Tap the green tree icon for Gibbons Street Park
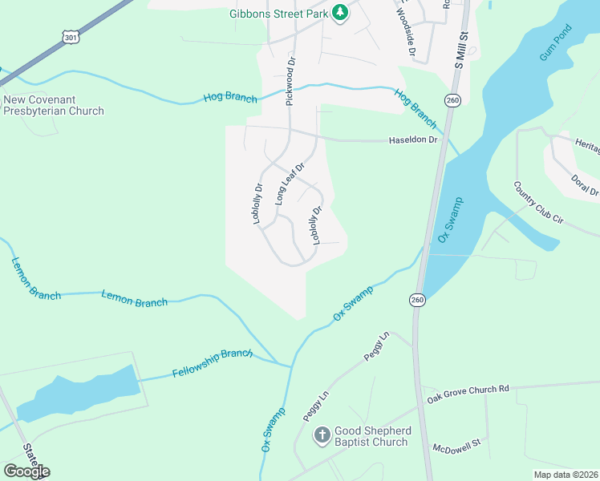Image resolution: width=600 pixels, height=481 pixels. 341,12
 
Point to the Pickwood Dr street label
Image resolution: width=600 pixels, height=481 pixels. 290,81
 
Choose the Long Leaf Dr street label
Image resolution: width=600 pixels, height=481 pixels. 290,184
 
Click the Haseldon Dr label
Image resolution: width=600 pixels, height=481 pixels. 412,139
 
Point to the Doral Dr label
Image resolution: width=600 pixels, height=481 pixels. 584,185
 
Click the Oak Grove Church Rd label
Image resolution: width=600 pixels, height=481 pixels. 468,389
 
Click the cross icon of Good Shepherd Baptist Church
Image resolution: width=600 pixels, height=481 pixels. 322,435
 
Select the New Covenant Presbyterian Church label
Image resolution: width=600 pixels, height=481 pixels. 54,105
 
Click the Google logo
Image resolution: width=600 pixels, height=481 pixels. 26,471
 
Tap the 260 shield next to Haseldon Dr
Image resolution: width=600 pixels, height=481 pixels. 453,100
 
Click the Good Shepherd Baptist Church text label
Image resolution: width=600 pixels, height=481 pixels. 371,435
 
